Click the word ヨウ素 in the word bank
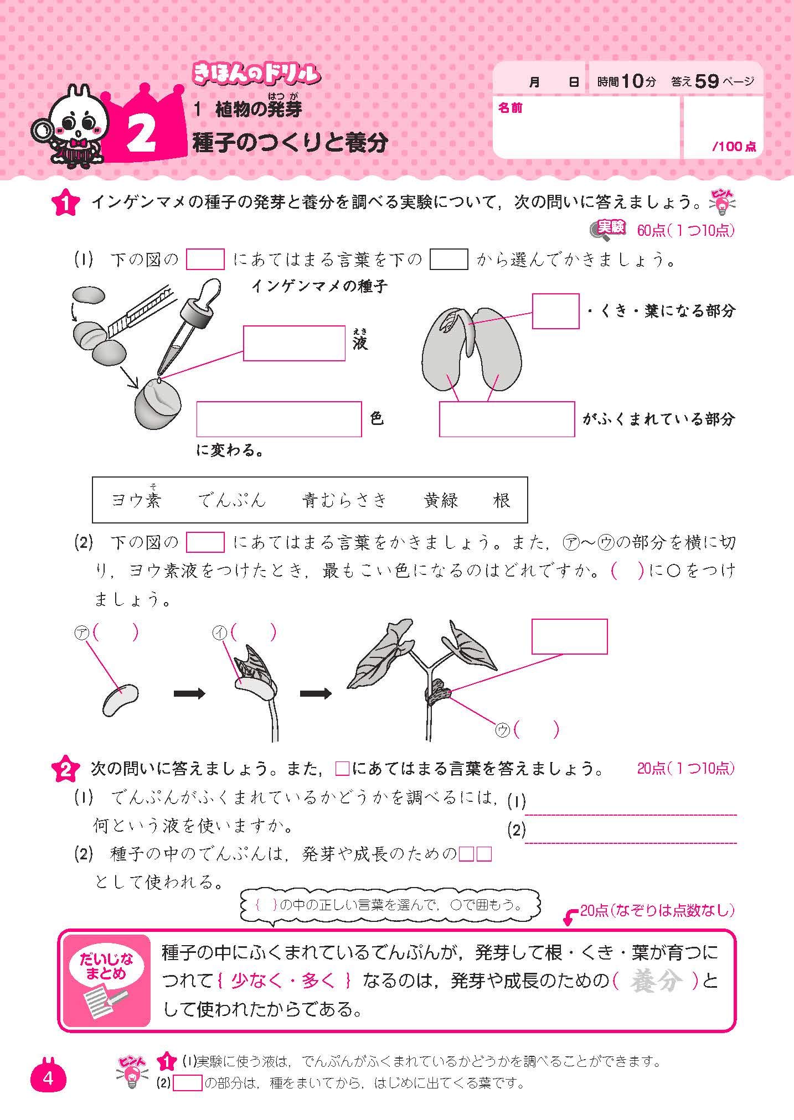tap(136, 500)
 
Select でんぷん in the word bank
tap(232, 500)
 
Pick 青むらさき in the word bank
tap(344, 500)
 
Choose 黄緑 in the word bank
tap(441, 500)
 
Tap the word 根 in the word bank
tap(501, 500)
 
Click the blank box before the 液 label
tap(294, 343)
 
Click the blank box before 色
tap(279, 419)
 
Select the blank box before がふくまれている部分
tap(507, 419)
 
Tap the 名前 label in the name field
tap(510, 108)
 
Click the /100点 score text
tap(734, 147)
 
